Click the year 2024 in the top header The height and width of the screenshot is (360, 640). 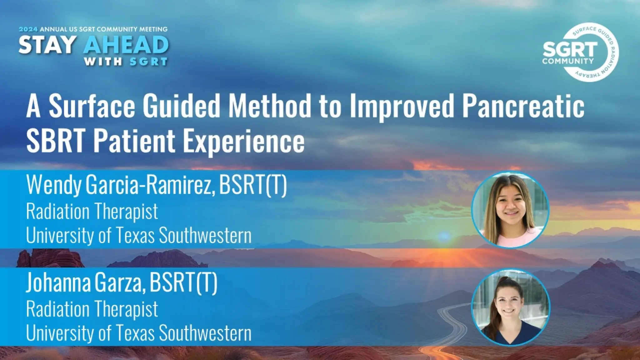pos(28,29)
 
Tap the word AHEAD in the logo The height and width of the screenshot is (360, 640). pos(126,45)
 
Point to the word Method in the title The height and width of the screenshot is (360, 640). pos(269,106)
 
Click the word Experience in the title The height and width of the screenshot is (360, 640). pos(243,141)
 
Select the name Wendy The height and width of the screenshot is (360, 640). pos(53,185)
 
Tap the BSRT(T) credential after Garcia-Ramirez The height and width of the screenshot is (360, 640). pos(253,185)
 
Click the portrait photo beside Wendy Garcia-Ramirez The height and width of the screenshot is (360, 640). pos(510,209)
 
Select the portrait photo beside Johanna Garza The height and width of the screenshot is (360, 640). pos(510,307)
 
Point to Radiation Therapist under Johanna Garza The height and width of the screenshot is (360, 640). pos(92,309)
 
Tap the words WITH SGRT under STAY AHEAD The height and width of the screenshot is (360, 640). pos(126,62)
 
